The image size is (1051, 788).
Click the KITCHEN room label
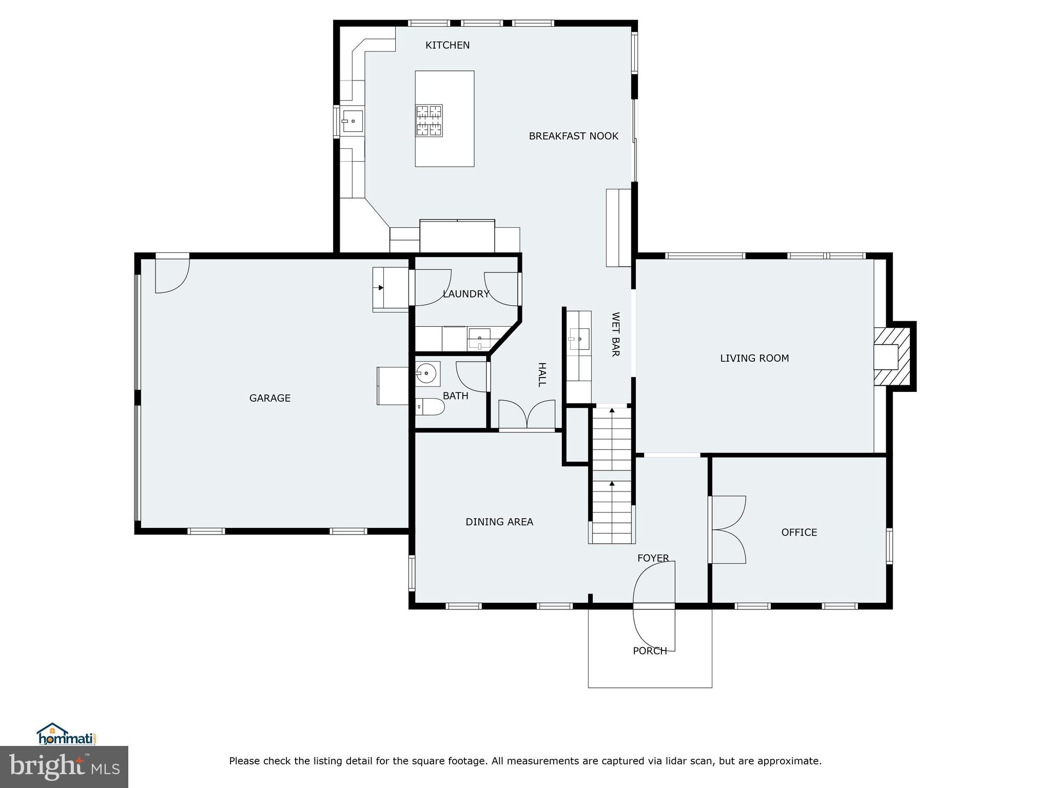[x=447, y=45]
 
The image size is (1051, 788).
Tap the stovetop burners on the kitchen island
[x=429, y=121]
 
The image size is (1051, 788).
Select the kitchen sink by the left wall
[x=353, y=122]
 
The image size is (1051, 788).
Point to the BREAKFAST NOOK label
[x=573, y=136]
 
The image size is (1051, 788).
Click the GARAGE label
[x=270, y=398]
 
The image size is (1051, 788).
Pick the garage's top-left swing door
[x=172, y=275]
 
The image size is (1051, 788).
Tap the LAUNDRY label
[x=465, y=294]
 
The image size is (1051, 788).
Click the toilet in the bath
[x=430, y=407]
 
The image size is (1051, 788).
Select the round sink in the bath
[x=427, y=373]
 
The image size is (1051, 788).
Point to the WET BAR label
[x=615, y=334]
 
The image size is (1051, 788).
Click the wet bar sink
[x=579, y=339]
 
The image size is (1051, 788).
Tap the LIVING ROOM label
[x=754, y=359]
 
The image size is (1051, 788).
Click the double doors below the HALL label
[x=527, y=415]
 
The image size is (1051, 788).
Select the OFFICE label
[x=799, y=533]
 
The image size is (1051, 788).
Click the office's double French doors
[x=728, y=529]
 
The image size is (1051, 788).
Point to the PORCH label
[x=650, y=651]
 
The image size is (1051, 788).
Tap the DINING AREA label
[x=499, y=522]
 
